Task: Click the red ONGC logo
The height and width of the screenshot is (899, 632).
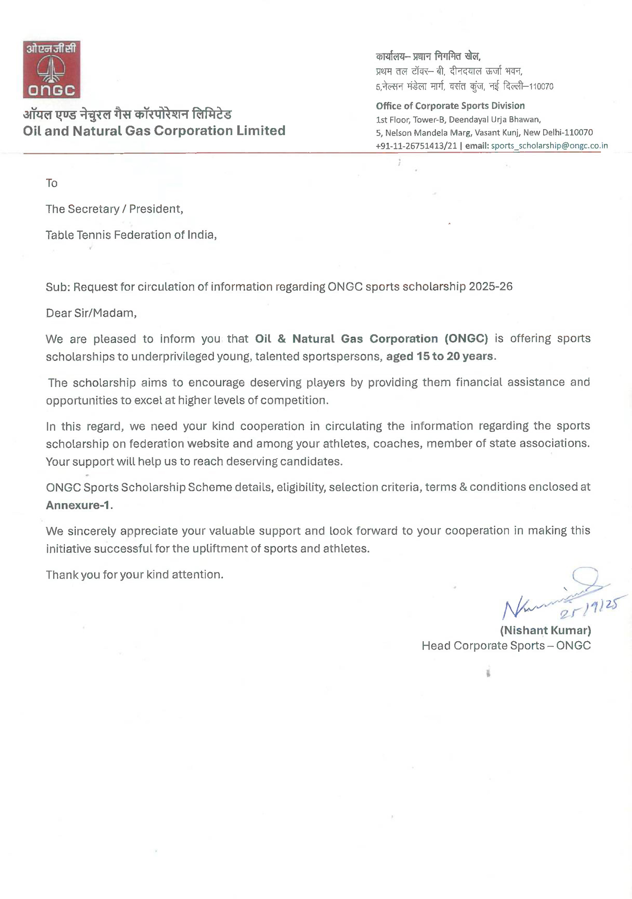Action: (51, 69)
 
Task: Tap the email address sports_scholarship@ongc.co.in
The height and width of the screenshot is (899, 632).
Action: (549, 146)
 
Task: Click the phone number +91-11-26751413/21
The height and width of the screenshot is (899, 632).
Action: (416, 146)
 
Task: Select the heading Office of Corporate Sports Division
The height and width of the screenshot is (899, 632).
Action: (450, 106)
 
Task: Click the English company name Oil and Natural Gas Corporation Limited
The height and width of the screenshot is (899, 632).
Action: (154, 131)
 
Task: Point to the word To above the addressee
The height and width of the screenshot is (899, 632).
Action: (51, 183)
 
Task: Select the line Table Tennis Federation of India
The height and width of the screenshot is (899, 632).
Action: (131, 235)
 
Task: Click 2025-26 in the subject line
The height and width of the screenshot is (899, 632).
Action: (490, 287)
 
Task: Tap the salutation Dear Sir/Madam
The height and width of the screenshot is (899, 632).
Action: (91, 313)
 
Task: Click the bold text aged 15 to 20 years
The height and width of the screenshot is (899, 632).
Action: (439, 356)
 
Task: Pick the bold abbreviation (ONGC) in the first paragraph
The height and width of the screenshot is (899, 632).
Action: (466, 339)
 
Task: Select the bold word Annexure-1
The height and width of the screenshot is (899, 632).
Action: (78, 505)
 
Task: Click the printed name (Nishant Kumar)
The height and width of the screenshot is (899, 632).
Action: (545, 630)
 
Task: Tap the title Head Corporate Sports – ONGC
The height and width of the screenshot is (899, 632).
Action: (506, 646)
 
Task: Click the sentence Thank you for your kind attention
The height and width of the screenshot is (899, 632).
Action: (134, 575)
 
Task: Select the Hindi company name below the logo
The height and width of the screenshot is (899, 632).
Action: (127, 114)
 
